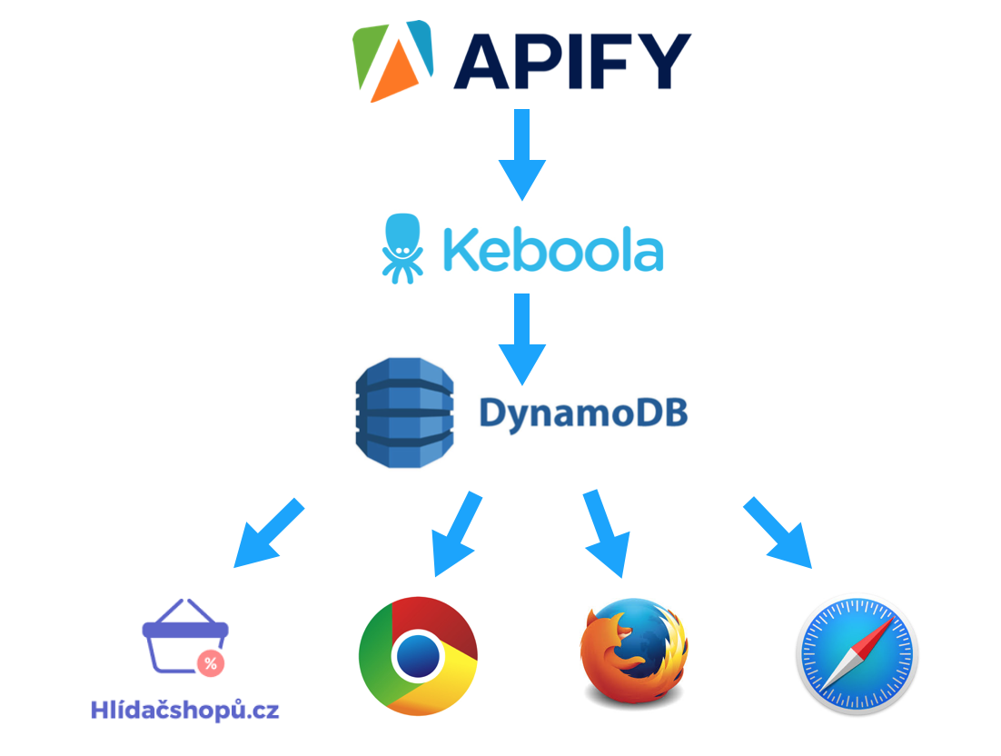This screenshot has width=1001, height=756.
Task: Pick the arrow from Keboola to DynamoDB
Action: [x=521, y=337]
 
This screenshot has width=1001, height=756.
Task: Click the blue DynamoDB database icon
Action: [x=403, y=413]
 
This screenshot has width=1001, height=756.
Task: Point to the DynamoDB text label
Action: [x=582, y=413]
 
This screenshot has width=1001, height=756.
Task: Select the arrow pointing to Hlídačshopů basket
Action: [x=266, y=533]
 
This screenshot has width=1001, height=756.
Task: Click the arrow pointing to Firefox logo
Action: [x=604, y=534]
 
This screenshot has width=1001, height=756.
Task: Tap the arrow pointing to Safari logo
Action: [x=778, y=534]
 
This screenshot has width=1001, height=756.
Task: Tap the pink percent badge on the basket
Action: [x=210, y=663]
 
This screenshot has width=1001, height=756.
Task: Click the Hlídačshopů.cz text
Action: [x=185, y=710]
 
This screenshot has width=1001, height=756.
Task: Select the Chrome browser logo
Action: [x=418, y=654]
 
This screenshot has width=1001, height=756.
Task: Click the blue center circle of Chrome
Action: [x=418, y=654]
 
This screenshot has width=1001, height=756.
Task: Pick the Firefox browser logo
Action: [x=634, y=650]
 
